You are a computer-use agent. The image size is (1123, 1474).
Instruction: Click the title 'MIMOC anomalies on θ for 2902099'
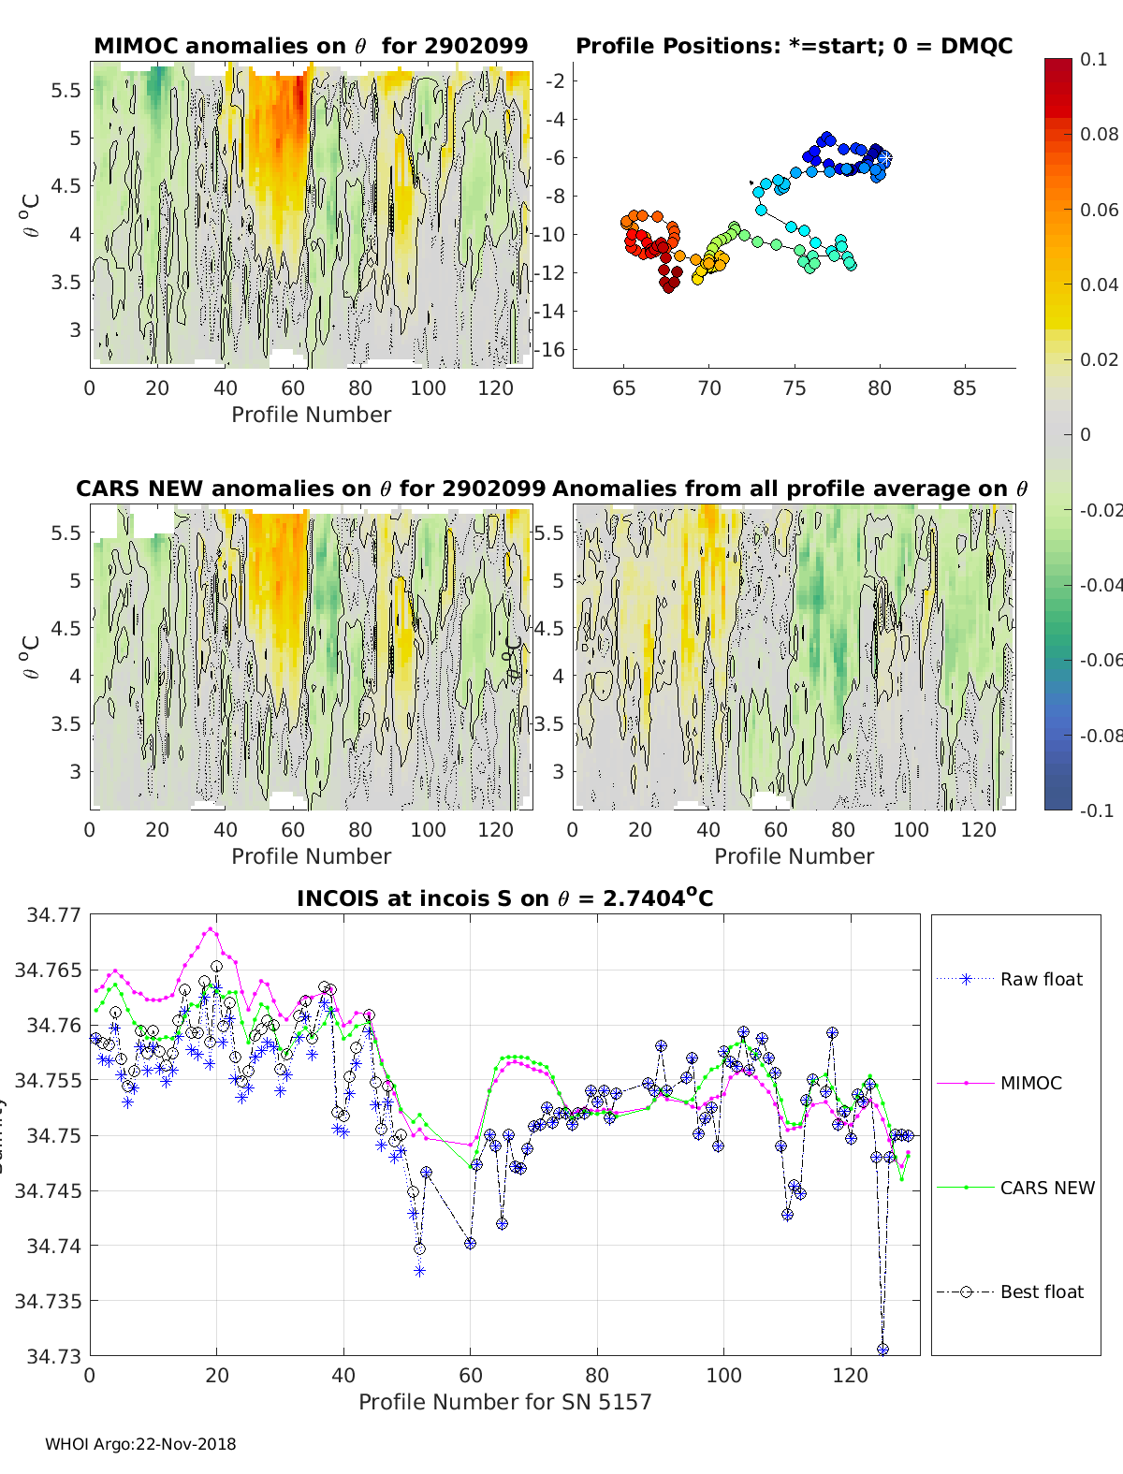[311, 46]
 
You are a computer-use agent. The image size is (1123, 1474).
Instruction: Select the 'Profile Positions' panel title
[794, 46]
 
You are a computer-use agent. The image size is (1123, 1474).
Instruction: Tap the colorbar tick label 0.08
[1099, 134]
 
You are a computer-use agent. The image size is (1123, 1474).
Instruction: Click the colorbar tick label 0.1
[1093, 59]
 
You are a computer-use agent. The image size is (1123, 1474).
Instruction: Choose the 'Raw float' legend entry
[1041, 979]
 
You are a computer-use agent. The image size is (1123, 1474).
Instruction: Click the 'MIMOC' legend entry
[1030, 1083]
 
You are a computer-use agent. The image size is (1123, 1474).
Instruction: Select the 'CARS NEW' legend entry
[1047, 1188]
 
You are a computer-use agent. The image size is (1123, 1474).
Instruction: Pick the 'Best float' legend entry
[1042, 1292]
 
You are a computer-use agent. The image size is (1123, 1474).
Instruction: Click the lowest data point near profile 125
[882, 1349]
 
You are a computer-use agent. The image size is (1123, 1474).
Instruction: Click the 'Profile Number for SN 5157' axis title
[504, 1401]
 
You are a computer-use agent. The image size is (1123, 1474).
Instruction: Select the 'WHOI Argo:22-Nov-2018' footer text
[140, 1444]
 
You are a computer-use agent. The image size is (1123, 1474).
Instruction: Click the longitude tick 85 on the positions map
[964, 387]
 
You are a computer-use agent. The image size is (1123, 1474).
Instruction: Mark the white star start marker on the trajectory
[883, 159]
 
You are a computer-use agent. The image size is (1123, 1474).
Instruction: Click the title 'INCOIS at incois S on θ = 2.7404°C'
[504, 898]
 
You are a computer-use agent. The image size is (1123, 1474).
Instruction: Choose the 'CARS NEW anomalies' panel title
[311, 489]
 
